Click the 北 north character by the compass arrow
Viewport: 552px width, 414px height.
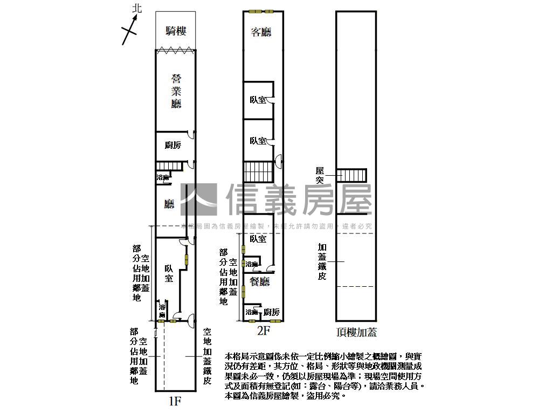(x=137, y=8)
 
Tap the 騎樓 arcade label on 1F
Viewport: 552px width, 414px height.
(x=176, y=31)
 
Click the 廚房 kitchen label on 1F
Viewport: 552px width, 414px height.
(x=172, y=145)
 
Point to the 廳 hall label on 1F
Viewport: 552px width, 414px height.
(x=169, y=204)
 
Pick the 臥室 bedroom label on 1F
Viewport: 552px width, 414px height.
(x=169, y=272)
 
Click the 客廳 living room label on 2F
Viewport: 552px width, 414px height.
(x=261, y=32)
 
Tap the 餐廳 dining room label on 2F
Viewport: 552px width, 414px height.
(x=259, y=281)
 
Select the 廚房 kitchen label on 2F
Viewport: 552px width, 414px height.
(x=271, y=312)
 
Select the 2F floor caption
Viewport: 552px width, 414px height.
(x=263, y=331)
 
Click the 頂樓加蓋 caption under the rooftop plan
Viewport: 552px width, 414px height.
(x=356, y=332)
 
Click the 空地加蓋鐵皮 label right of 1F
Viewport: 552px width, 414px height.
(x=207, y=356)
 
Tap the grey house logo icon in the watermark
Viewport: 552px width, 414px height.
(x=199, y=200)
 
